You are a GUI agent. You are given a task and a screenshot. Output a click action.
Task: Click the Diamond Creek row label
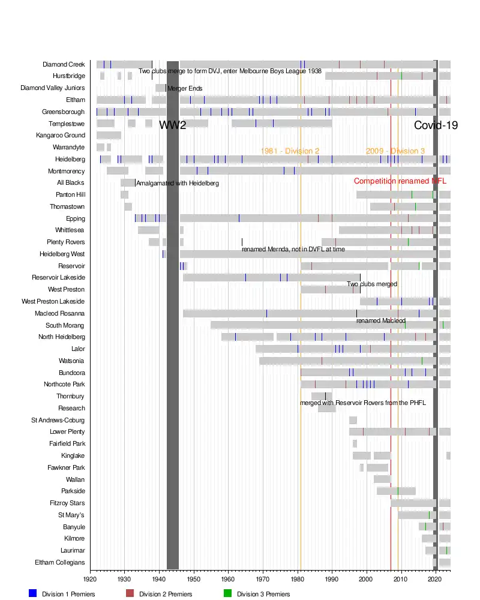64,64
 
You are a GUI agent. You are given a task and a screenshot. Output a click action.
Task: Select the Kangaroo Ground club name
61,136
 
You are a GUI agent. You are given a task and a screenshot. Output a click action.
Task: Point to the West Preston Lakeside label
53,301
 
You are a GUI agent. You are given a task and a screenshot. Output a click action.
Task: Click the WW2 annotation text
172,125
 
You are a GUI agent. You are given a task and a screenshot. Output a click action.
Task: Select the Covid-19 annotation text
436,125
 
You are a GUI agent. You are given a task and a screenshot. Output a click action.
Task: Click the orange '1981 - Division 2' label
290,151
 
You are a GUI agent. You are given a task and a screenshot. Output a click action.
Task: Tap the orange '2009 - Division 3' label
395,151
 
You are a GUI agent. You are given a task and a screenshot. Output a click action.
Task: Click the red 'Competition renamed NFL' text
400,181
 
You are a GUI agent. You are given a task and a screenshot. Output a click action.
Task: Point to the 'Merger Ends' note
185,89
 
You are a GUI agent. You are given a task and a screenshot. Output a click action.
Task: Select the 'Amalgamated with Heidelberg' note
178,183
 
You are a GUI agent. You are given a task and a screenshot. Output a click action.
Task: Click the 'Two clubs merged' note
372,284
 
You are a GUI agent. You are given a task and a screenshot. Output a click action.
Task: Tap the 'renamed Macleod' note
380,321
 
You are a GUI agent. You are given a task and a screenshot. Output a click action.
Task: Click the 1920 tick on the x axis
90,579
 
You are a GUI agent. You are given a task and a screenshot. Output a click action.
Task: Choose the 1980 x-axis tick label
298,579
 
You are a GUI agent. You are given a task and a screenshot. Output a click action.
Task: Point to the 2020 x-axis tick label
436,579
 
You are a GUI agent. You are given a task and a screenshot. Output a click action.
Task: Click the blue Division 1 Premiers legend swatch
33,593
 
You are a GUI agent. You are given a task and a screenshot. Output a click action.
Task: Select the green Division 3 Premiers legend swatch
227,593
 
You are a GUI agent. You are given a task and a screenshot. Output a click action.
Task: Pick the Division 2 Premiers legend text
166,594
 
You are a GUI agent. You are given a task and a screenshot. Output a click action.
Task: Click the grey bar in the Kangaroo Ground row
109,136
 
